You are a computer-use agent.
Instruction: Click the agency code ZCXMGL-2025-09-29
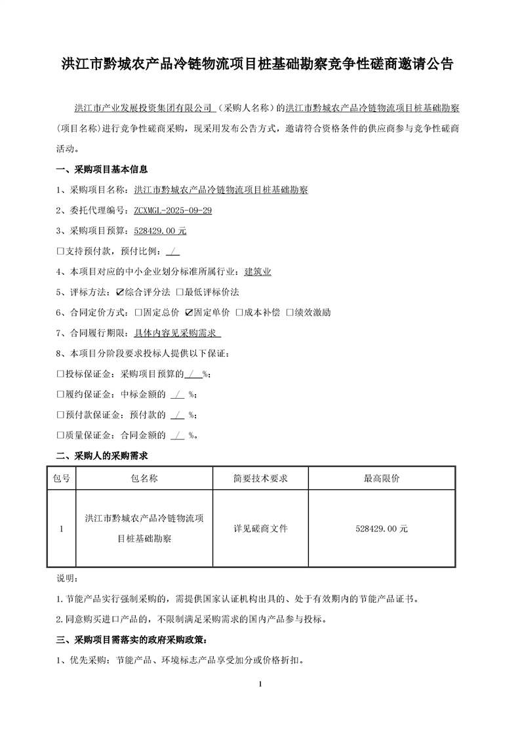pos(172,211)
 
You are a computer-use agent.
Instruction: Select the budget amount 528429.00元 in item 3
pos(160,231)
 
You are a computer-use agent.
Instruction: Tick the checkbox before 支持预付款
pos(60,251)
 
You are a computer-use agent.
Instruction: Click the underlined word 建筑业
pos(258,272)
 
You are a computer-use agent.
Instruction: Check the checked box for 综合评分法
pos(120,292)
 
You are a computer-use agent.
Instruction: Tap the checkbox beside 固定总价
pos(138,312)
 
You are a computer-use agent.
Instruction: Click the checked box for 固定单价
pos(190,312)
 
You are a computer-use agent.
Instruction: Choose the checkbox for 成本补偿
pos(240,312)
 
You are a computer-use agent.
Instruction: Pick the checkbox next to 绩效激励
pos(290,312)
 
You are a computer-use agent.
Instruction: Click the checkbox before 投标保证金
pos(60,374)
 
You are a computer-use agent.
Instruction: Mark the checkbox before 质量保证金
pos(60,435)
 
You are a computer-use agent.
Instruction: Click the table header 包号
pos(61,478)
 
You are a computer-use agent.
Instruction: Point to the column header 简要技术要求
pos(260,478)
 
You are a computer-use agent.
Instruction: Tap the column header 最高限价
pos(382,478)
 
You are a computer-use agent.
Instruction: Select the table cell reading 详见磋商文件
pos(260,528)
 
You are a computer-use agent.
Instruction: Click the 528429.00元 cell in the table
pos(382,528)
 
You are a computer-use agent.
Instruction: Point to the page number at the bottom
pos(260,684)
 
